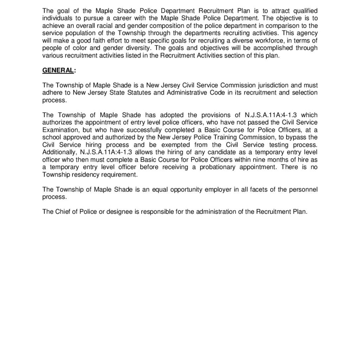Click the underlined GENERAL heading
click(x=58, y=70)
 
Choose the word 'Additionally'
click(x=60, y=152)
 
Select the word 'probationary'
click(x=218, y=167)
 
